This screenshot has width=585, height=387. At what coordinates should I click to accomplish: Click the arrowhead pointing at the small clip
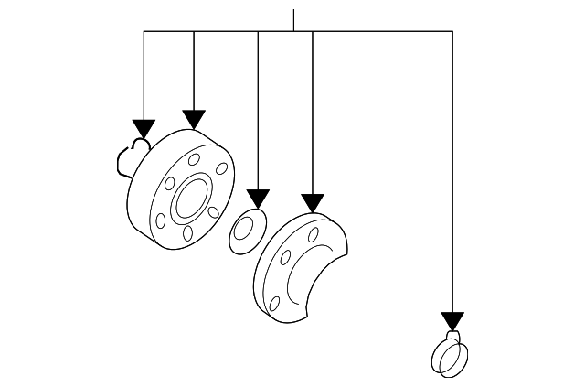[143, 127]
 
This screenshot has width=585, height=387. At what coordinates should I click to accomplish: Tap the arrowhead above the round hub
[193, 118]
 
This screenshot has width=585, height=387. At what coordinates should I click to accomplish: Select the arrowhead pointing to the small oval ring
[258, 199]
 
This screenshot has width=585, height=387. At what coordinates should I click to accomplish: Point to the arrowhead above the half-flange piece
[313, 202]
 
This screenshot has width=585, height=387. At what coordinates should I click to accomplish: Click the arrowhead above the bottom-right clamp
[452, 320]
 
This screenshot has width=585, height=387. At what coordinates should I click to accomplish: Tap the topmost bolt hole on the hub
[194, 160]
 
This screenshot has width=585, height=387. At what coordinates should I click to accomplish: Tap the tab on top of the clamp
[452, 336]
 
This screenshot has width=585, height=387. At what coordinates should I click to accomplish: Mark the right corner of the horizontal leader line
[452, 31]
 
